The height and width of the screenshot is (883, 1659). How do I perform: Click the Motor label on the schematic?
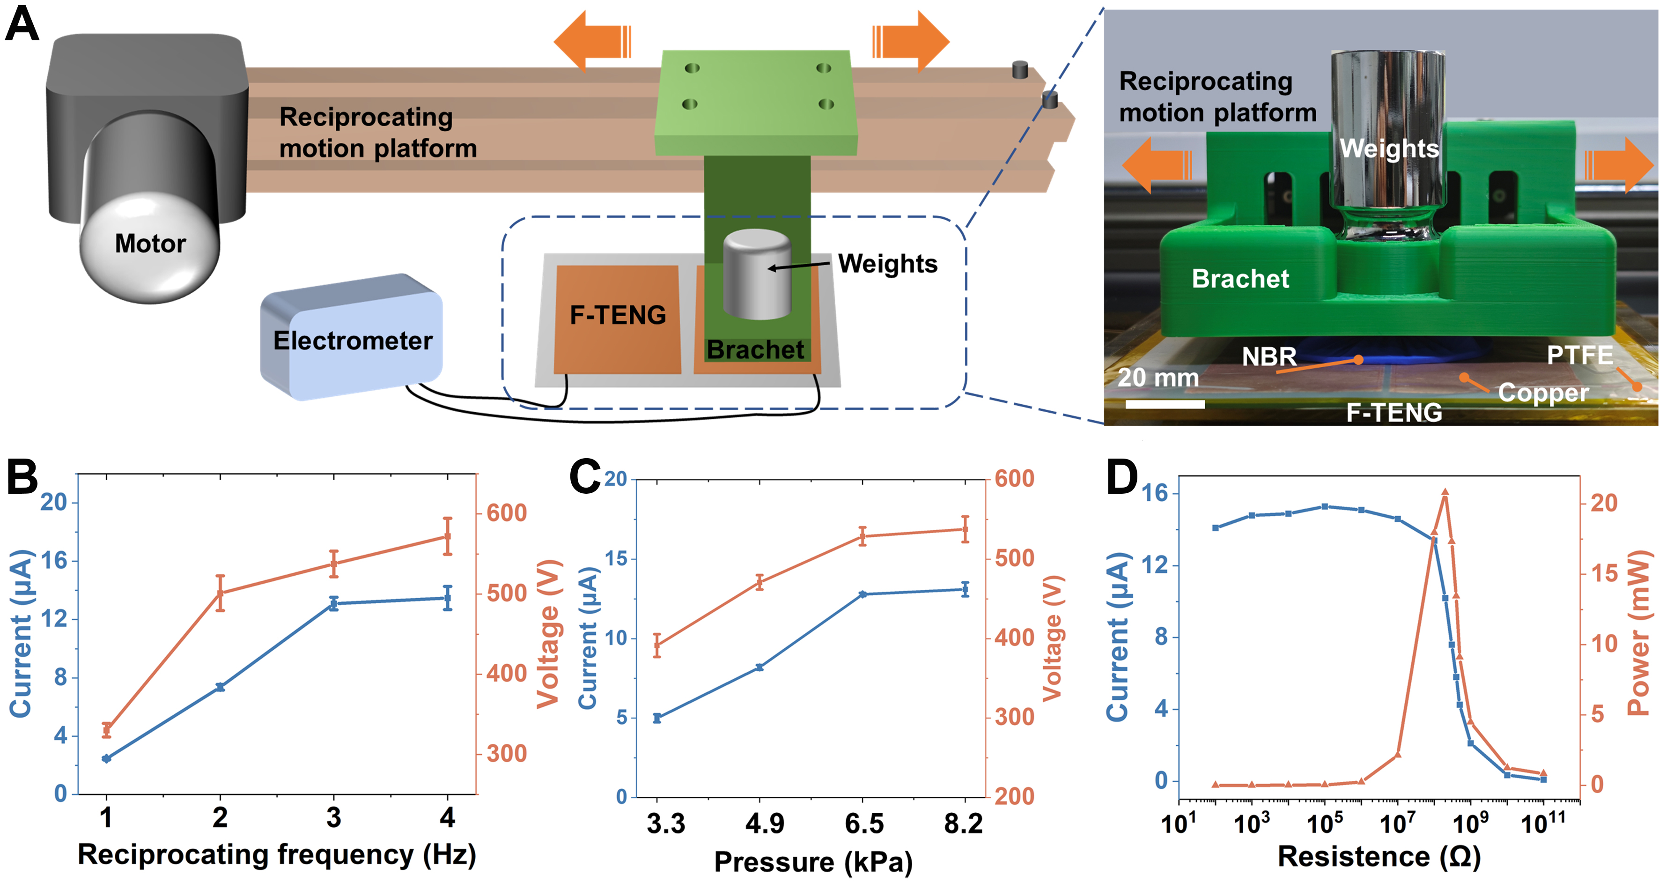pos(150,244)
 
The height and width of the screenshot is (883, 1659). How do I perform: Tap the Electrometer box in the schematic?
pos(352,340)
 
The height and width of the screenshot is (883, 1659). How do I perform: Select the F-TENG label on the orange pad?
pos(618,315)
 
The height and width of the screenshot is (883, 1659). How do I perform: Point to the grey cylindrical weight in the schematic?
pos(757,275)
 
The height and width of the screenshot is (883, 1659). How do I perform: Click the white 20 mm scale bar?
pos(1165,404)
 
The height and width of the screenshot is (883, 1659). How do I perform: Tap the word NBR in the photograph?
pos(1269,356)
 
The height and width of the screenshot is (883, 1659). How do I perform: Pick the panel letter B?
pos(22,477)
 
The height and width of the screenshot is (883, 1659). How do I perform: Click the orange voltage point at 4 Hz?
pos(448,536)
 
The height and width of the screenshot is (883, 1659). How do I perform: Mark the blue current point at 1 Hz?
pos(106,759)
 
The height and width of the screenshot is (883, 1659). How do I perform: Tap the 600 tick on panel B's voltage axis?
pos(506,513)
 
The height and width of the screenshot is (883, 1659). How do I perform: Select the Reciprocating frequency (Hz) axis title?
pos(277,855)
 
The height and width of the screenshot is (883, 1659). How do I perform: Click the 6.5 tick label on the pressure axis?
pos(863,824)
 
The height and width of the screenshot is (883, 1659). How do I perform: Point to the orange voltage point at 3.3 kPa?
pos(657,646)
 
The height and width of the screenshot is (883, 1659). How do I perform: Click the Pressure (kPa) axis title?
pos(813,862)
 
